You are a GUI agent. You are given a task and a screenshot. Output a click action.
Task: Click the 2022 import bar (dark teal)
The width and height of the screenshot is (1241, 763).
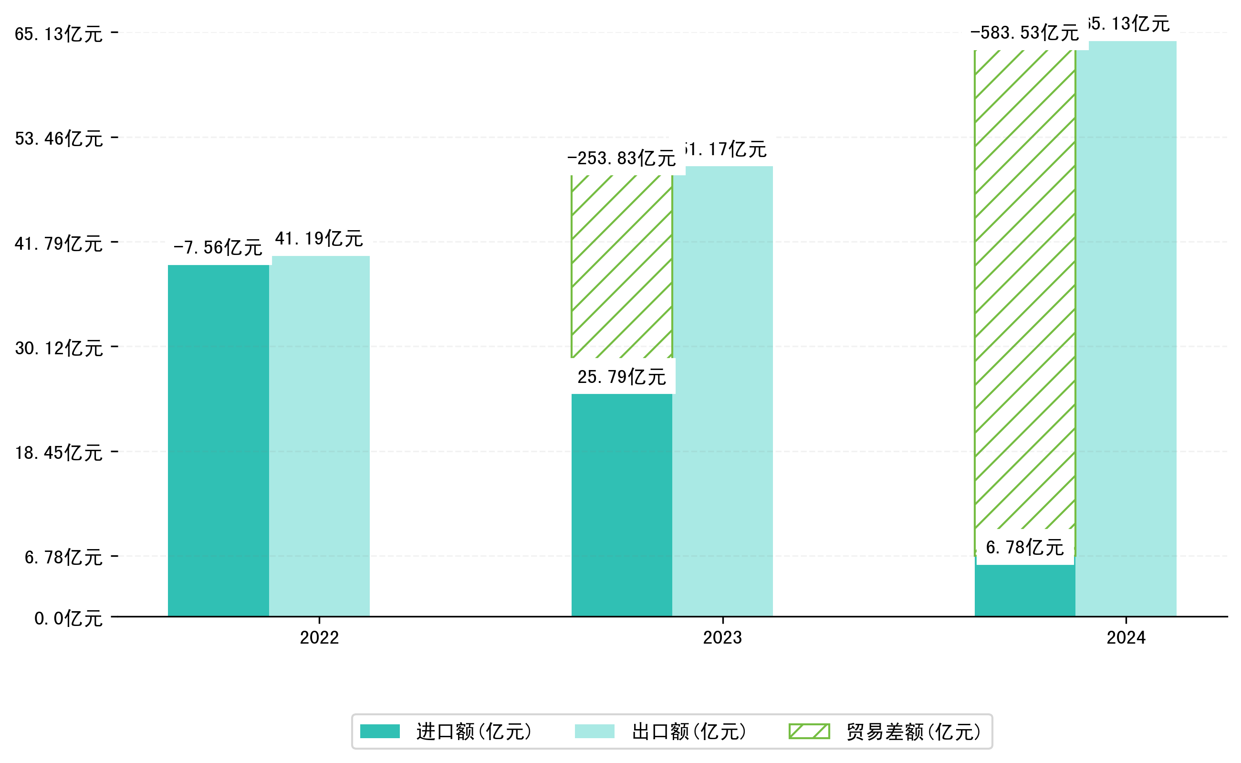point(218,440)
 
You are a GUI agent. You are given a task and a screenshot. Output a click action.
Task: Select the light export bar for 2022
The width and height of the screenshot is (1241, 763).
point(319,436)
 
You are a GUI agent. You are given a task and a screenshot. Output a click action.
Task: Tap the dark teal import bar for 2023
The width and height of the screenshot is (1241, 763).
point(621,505)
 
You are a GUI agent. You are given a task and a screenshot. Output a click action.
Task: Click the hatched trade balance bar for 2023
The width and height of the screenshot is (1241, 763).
point(621,266)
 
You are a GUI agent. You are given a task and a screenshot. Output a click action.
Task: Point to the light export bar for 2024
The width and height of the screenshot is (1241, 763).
point(1126,328)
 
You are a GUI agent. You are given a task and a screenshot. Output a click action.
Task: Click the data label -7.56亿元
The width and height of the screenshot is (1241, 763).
point(218,247)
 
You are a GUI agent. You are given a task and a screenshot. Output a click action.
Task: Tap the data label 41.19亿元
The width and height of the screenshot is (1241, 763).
point(319,238)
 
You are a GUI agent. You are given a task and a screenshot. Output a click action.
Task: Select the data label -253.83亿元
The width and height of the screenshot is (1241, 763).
point(621,158)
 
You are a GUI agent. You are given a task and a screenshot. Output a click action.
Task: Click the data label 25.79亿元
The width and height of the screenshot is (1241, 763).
point(621,376)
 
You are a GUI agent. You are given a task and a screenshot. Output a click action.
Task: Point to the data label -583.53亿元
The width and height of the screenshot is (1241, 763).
point(1024,33)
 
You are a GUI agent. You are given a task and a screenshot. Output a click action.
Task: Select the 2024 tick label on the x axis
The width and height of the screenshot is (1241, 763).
point(1126,638)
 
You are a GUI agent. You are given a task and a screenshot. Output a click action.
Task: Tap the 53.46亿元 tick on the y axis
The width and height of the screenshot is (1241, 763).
point(59,138)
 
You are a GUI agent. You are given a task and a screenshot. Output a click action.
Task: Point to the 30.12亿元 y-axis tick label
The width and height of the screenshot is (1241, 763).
point(59,348)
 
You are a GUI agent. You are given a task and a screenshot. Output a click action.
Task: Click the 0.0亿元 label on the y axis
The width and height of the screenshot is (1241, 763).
point(68,618)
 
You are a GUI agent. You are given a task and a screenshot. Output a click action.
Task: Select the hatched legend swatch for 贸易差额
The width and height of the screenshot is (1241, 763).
point(809,731)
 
